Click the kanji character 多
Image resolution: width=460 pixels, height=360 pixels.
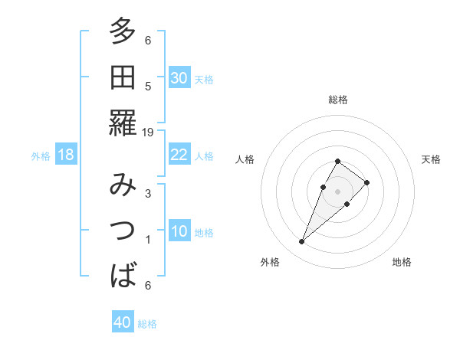123,32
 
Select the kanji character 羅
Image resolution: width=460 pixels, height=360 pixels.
123,123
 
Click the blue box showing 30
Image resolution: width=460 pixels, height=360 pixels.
179,78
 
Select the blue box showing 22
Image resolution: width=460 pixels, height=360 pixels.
179,155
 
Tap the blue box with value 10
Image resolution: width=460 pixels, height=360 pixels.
179,231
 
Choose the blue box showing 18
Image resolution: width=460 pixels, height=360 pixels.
66,155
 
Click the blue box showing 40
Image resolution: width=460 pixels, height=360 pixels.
123,322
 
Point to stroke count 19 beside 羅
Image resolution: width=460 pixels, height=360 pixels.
148,132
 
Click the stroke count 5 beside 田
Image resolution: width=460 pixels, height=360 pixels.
148,86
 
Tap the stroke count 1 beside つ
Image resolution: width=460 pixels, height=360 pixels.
148,240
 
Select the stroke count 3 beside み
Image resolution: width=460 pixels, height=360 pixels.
148,194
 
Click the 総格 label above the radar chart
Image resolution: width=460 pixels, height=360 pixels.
338,100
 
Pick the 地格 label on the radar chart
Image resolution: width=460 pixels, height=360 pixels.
402,262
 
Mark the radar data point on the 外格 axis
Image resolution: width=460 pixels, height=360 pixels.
301,242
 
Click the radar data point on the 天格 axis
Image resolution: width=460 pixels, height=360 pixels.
367,182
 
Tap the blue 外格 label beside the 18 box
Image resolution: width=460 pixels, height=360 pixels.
41,156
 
